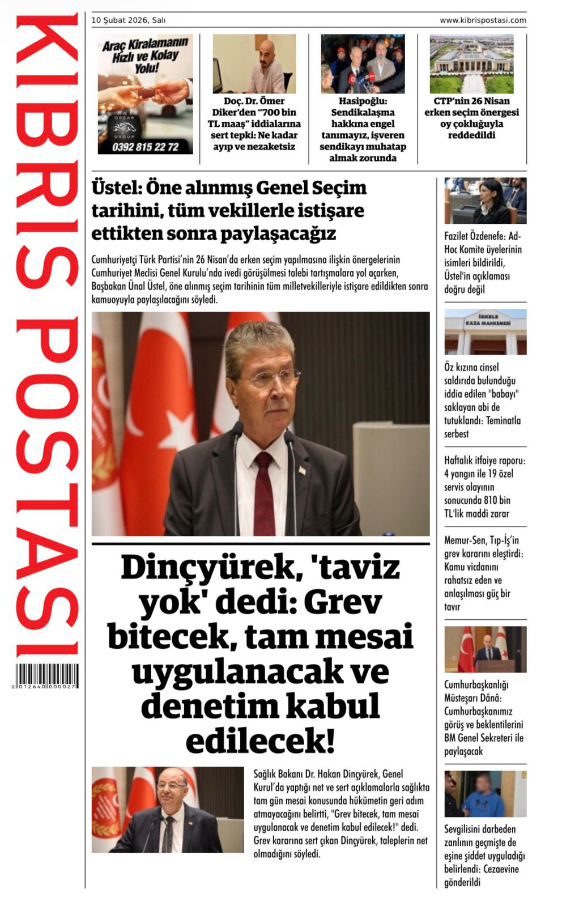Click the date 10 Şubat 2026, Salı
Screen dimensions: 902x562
pyautogui.click(x=129, y=20)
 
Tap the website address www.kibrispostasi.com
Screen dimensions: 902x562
pyautogui.click(x=483, y=20)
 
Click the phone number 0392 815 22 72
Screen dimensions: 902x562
pyautogui.click(x=145, y=147)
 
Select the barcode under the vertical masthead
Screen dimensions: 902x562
pyautogui.click(x=47, y=676)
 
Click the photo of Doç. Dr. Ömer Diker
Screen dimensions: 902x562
pyautogui.click(x=254, y=63)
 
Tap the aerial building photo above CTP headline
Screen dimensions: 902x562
pyautogui.click(x=471, y=63)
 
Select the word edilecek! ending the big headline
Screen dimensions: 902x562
pyautogui.click(x=260, y=741)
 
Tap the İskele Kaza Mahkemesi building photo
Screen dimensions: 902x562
pyautogui.click(x=485, y=332)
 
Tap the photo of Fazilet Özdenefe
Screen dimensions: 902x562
pyautogui.click(x=485, y=201)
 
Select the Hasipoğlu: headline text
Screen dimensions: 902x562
pyautogui.click(x=363, y=101)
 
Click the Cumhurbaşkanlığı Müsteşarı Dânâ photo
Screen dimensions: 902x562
pyautogui.click(x=485, y=649)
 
